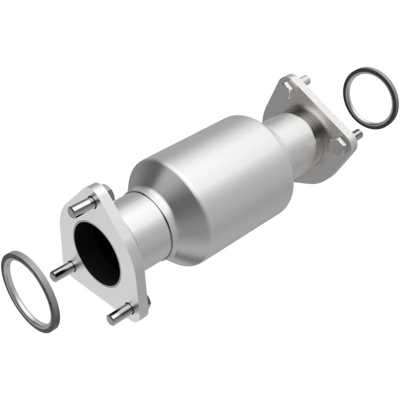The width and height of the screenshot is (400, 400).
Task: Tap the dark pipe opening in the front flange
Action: pos(97,250)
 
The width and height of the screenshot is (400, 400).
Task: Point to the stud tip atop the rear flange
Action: pos(305,78)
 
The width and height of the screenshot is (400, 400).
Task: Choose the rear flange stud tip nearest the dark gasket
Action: pos(356,134)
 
